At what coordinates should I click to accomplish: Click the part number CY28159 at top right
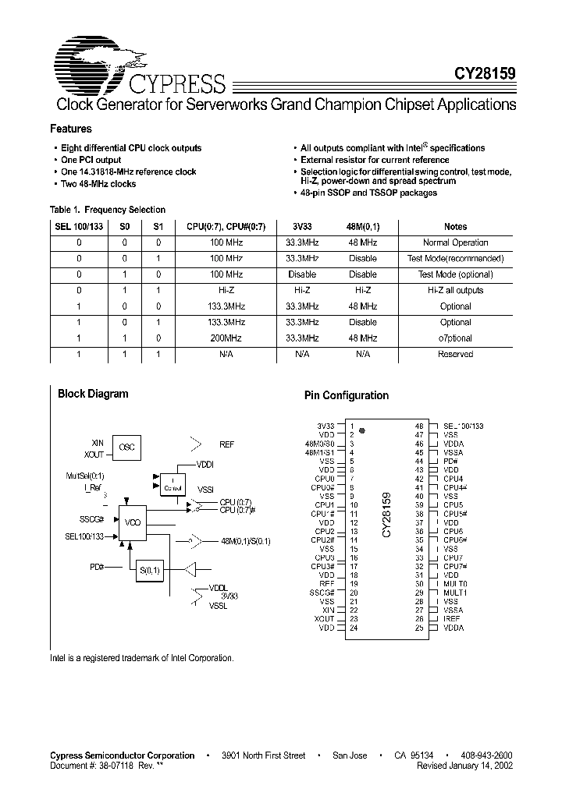tap(484, 75)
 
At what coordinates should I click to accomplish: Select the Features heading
tap(70, 129)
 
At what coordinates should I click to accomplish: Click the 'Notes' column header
tap(455, 227)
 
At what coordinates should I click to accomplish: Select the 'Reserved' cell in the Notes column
tap(455, 354)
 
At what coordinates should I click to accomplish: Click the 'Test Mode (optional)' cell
tap(455, 274)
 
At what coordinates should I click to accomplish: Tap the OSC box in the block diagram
tap(126, 448)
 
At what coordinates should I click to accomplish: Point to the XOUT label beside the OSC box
tap(94, 455)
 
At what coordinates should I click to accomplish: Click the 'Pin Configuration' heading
tap(346, 395)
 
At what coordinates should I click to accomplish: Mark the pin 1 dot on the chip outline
tap(362, 430)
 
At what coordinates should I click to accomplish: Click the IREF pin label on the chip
tap(452, 619)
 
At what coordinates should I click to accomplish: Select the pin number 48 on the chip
tap(419, 426)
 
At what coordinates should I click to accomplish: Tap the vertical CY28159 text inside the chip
tap(386, 515)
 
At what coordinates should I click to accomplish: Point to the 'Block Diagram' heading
tap(93, 394)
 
